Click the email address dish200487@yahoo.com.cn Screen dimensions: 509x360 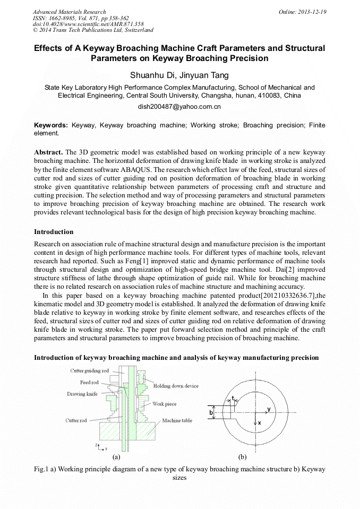coord(179,107)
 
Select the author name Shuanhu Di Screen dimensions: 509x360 coord(152,75)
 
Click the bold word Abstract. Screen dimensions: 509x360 coord(48,152)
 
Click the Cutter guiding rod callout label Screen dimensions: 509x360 coord(90,371)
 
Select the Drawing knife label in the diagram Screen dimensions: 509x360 coord(82,394)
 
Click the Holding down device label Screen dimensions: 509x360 coord(176,386)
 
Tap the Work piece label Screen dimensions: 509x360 coord(164,404)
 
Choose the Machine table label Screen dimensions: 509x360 coord(177,420)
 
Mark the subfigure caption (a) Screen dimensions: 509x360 coord(116,456)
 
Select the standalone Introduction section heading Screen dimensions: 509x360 coord(54,231)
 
